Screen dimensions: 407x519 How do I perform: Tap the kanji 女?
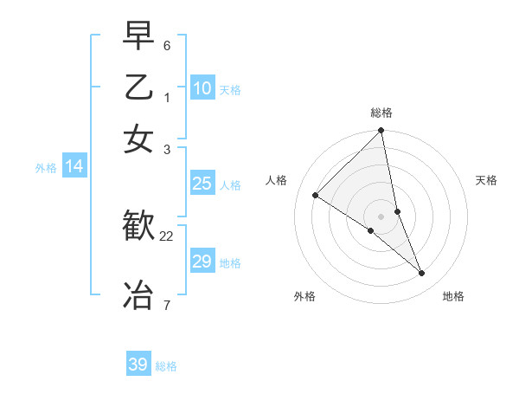point(138,139)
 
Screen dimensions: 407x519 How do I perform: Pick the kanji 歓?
point(138,226)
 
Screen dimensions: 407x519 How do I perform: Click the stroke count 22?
point(167,236)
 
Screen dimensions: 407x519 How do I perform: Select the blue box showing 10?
point(202,88)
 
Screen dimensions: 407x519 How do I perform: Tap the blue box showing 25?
point(202,184)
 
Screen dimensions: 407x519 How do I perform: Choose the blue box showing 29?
point(202,262)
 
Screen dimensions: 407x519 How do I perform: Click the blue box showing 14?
point(74,167)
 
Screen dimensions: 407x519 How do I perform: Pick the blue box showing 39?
point(138,365)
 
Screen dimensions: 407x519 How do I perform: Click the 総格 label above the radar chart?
point(381,113)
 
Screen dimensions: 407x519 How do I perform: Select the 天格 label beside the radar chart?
point(486,180)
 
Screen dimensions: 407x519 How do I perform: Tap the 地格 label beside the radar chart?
point(453,296)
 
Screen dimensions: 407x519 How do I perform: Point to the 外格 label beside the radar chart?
point(304,296)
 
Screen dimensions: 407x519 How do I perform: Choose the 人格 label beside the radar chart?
point(277,180)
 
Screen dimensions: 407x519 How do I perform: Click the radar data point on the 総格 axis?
point(381,131)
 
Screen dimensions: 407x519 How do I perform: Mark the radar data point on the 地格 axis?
point(422,274)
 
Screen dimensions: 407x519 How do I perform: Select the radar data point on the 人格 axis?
point(316,195)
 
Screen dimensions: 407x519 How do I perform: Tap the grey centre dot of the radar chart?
point(381,216)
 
